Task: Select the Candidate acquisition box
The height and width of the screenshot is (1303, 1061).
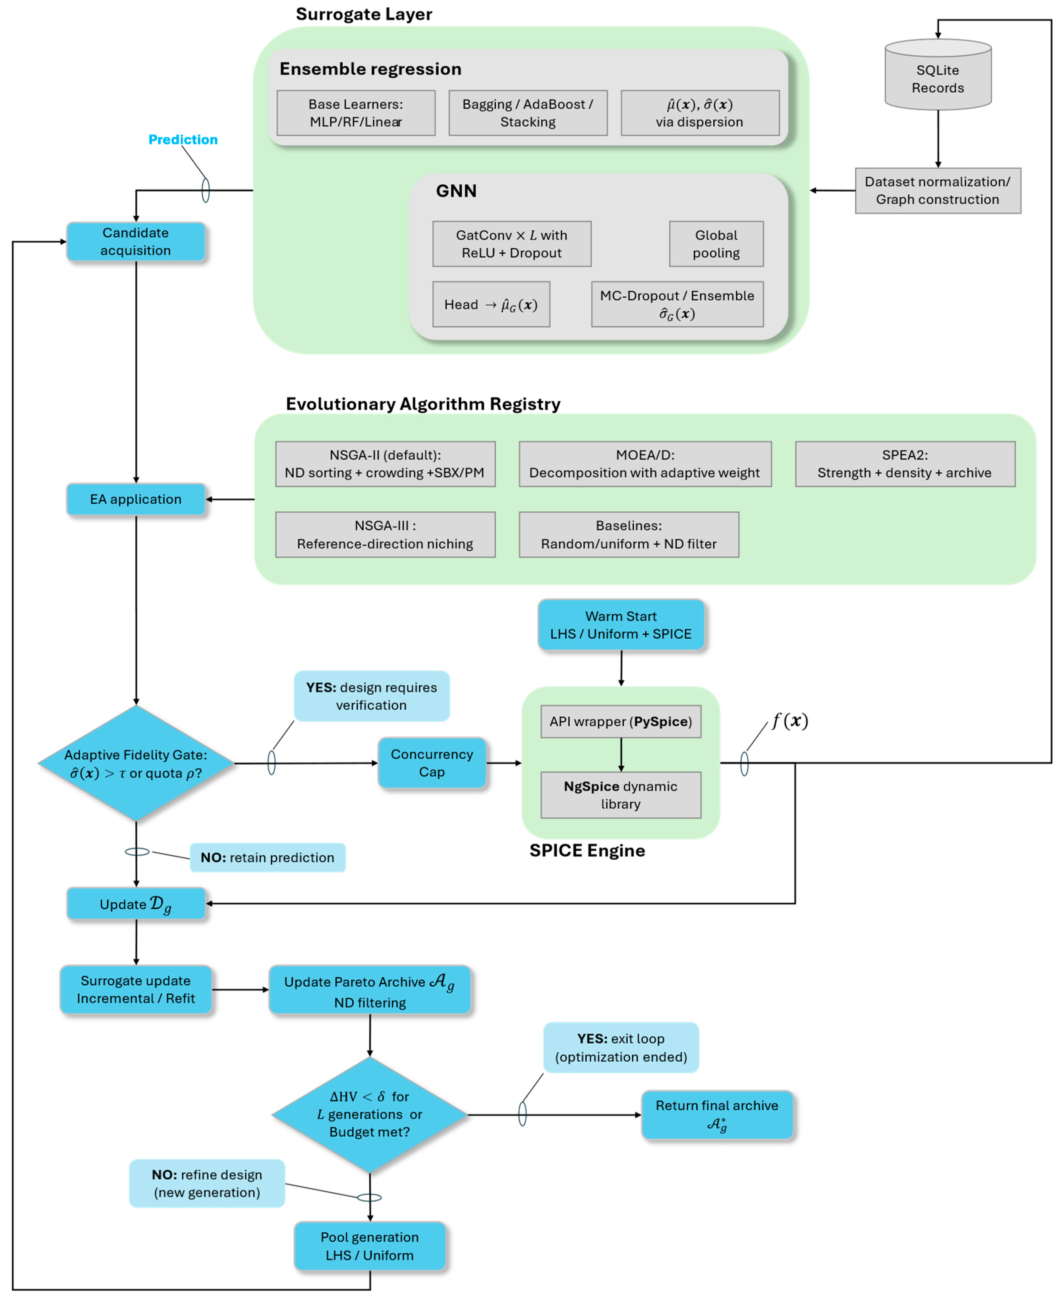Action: click(136, 241)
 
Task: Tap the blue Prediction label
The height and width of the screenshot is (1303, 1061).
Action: click(183, 139)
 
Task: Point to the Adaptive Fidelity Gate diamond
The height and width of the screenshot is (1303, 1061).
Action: click(136, 763)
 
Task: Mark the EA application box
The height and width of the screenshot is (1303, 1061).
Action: click(136, 499)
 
